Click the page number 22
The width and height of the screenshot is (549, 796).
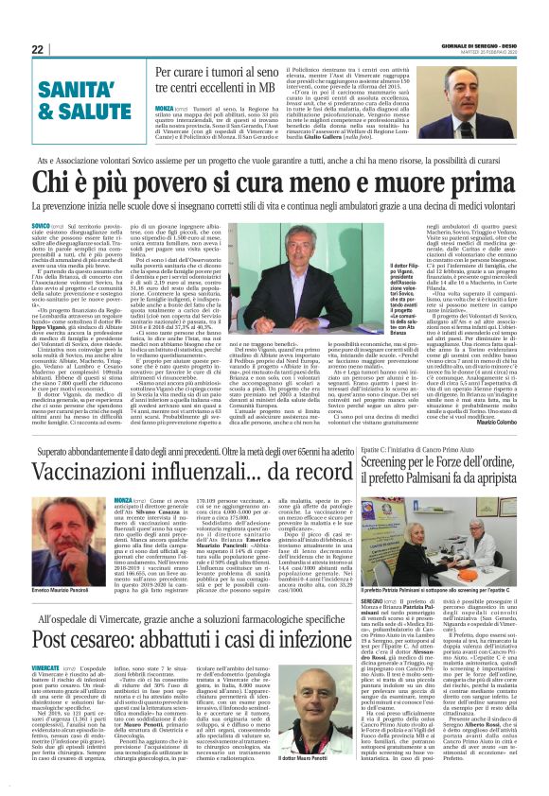click(38, 49)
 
